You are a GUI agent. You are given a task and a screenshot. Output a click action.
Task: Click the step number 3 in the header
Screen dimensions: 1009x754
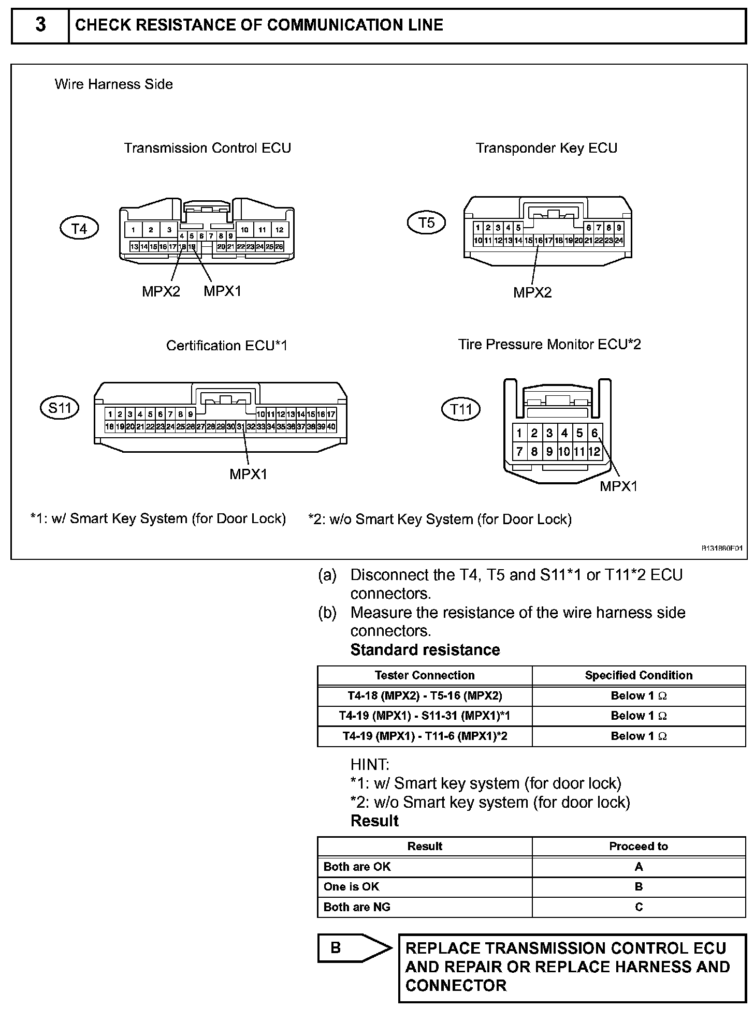point(40,25)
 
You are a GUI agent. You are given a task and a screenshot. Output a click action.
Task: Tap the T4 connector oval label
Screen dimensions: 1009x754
point(79,228)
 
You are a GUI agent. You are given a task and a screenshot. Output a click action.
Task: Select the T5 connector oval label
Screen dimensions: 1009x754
point(427,223)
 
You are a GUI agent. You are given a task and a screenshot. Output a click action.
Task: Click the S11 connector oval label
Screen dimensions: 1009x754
point(60,408)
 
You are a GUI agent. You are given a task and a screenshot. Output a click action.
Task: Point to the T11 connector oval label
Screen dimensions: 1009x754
point(461,410)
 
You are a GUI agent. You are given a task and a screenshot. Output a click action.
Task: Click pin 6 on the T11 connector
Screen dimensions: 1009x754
point(594,433)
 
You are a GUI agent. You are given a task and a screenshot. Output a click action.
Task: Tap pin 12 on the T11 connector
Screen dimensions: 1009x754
point(594,452)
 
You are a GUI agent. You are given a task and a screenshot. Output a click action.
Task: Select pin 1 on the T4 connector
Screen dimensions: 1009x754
point(134,230)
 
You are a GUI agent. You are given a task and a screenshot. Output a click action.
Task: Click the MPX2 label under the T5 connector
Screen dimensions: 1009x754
point(532,293)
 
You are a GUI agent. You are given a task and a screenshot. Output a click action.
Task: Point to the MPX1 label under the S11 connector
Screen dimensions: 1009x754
point(249,474)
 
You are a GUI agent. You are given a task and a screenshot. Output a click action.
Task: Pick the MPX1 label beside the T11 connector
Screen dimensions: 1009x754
point(619,486)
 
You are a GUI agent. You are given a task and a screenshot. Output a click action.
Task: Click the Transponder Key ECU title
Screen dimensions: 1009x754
point(546,149)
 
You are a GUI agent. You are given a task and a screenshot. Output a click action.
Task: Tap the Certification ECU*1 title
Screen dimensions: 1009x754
point(226,346)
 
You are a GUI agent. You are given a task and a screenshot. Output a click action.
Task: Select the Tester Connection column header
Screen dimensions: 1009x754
point(425,675)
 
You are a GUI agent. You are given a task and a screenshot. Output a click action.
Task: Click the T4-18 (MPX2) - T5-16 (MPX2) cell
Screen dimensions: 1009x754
point(425,696)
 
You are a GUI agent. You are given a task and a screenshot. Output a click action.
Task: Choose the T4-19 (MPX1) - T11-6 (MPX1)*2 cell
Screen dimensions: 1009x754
point(425,736)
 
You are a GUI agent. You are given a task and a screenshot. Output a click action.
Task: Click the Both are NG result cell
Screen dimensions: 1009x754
point(357,907)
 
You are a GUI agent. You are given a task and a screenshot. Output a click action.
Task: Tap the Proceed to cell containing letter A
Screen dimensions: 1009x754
point(639,867)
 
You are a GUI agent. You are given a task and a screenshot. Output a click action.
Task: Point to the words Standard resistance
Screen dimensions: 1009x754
point(425,650)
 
